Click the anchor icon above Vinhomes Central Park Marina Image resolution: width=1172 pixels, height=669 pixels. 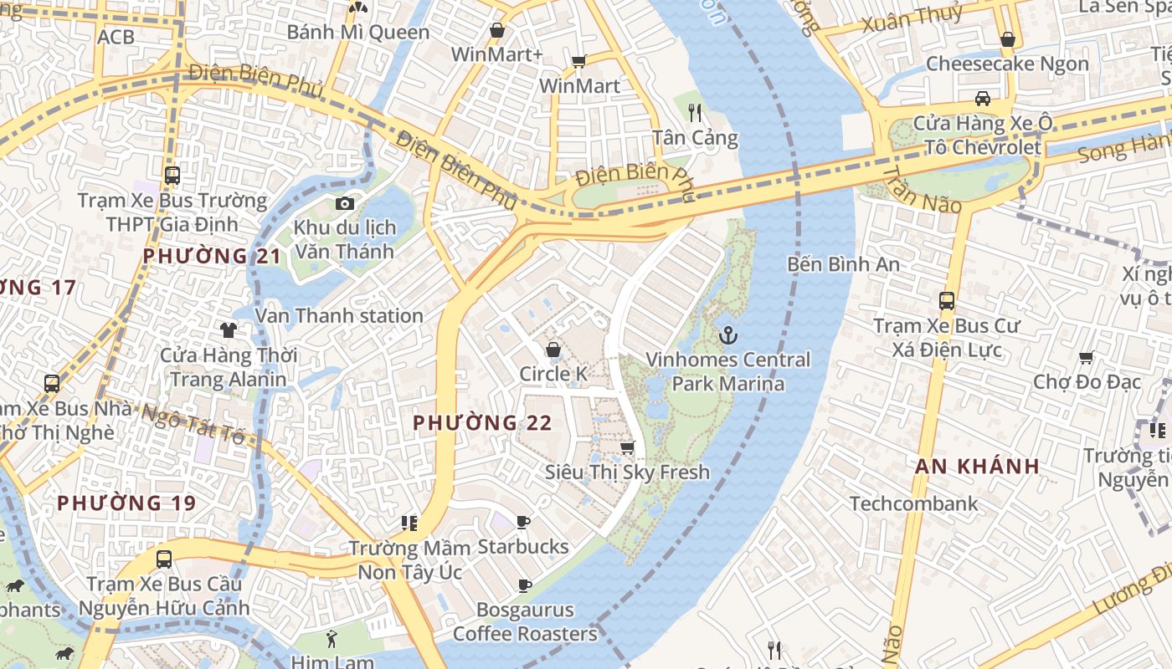[x=728, y=336]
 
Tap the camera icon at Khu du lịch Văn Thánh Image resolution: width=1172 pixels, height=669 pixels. [x=344, y=203]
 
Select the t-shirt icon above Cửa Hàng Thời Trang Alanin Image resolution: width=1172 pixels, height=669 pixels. [x=228, y=330]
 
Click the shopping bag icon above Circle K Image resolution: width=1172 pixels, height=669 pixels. [x=553, y=350]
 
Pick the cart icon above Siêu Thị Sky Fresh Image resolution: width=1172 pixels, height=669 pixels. [x=627, y=448]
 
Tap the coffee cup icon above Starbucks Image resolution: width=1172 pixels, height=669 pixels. [x=523, y=523]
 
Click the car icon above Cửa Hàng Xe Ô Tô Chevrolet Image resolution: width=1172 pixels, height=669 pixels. [x=983, y=99]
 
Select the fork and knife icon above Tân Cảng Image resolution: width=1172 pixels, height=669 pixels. [x=695, y=112]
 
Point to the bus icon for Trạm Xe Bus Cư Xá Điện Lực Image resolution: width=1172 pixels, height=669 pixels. [x=947, y=301]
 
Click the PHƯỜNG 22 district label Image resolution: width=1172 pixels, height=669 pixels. [x=482, y=423]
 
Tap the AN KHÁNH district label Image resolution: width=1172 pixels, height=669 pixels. [x=977, y=467]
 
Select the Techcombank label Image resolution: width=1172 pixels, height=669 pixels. [x=913, y=503]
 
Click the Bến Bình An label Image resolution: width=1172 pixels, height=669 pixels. [x=843, y=264]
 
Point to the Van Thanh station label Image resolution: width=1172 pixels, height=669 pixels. [x=339, y=315]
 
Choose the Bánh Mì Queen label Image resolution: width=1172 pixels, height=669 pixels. [x=357, y=33]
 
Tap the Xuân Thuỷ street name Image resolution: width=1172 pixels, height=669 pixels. [x=901, y=20]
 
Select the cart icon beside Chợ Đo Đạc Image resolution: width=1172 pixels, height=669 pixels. [x=1087, y=358]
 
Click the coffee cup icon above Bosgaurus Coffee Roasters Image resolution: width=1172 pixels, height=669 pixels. [x=525, y=585]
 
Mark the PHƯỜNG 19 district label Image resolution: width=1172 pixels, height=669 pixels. [x=126, y=503]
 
